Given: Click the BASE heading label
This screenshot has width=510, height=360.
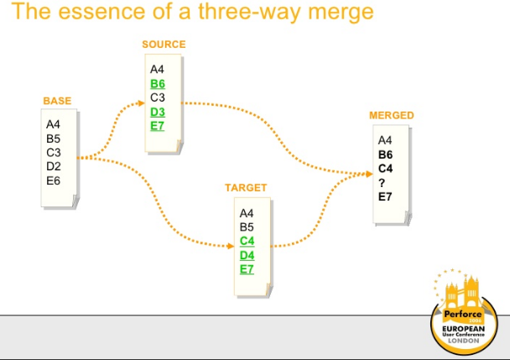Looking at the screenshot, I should point(57,102).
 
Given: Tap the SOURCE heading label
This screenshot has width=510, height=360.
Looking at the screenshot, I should point(164,44).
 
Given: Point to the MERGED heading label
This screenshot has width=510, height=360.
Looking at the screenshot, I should point(391,115).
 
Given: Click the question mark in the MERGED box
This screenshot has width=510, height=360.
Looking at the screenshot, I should point(382,182).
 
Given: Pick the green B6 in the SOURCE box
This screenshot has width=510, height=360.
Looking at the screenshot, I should point(158,84).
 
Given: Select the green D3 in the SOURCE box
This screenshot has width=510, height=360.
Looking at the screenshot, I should point(158,112).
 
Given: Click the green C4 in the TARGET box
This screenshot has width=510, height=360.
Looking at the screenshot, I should point(247,241).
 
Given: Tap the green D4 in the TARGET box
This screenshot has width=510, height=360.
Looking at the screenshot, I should point(247,255).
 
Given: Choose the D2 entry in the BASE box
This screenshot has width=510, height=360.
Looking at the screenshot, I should point(54,166).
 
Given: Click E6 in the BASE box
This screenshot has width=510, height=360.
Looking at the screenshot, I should point(54,180).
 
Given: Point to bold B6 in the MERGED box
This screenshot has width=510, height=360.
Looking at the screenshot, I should point(386,154).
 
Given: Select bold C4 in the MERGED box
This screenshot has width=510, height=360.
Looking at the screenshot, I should point(386,168).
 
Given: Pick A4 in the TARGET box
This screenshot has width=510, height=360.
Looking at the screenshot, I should point(247,213).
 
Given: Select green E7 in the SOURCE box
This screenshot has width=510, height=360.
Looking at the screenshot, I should point(157,126).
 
